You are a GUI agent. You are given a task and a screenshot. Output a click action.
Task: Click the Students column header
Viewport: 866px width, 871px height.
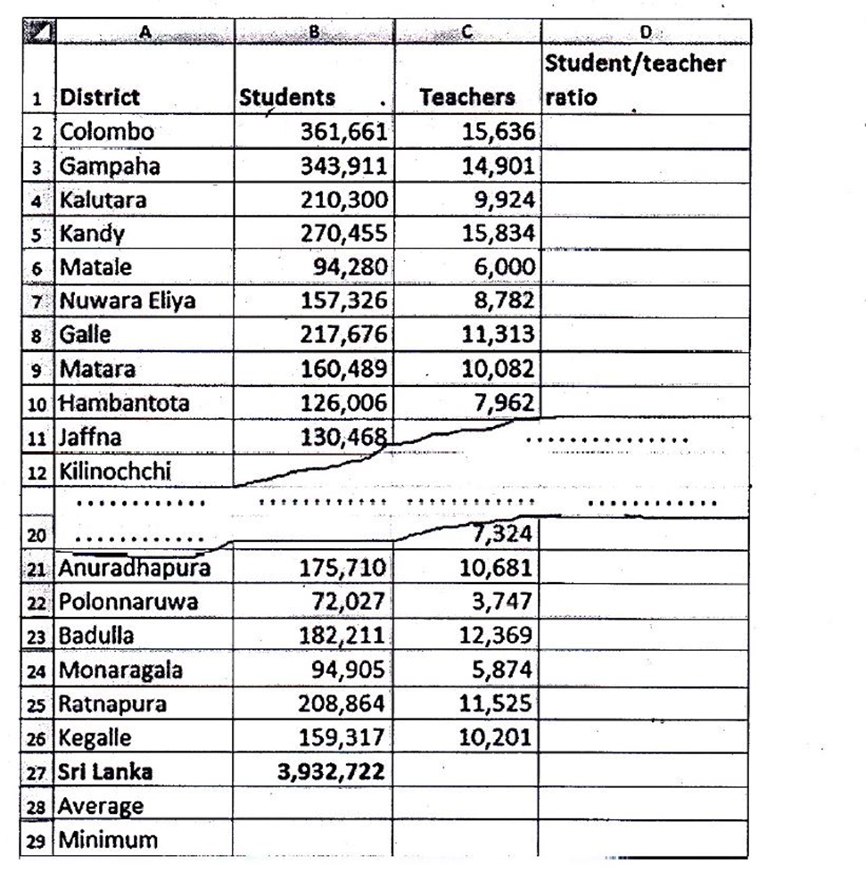point(286,97)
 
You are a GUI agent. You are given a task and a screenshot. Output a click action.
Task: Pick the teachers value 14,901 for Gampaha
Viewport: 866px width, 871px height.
point(498,166)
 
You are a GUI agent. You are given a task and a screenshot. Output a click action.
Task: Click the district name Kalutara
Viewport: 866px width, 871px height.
point(103,200)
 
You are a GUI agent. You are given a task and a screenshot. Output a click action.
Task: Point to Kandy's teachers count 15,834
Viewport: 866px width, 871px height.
point(498,234)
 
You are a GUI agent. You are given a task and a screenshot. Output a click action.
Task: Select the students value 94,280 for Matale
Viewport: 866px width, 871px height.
point(349,267)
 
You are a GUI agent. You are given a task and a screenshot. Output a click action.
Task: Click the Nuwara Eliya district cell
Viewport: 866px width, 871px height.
point(127,301)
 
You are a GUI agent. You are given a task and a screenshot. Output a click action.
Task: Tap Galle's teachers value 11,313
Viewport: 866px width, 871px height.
point(498,335)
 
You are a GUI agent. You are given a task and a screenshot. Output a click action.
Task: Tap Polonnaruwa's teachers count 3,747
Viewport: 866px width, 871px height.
point(503,602)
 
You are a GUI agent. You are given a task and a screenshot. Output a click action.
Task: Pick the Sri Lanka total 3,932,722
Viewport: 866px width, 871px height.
point(330,771)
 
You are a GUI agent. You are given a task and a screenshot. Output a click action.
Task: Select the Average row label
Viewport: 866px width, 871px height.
point(101,806)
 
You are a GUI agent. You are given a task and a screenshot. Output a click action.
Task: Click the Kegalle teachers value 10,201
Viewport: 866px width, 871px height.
point(498,737)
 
